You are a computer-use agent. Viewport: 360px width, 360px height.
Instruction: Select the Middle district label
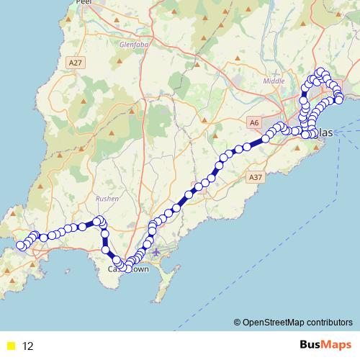pos(274,81)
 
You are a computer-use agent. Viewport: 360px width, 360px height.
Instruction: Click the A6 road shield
pos(253,123)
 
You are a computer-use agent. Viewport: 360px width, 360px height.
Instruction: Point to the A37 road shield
pos(254,176)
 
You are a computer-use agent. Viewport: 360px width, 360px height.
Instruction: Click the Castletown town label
pos(128,269)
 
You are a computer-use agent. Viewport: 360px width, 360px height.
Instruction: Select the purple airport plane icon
pos(156,252)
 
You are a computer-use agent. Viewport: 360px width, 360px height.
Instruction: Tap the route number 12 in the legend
pos(28,346)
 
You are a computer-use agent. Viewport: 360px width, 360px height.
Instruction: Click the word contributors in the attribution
pos(329,323)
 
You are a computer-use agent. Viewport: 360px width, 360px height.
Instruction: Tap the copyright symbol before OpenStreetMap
pos(238,323)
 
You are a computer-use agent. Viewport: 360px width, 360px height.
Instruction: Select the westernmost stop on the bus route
pos(22,246)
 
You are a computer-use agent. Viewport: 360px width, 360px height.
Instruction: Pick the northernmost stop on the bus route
pos(321,71)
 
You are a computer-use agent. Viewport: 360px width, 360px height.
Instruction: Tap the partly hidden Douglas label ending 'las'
pos(325,133)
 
